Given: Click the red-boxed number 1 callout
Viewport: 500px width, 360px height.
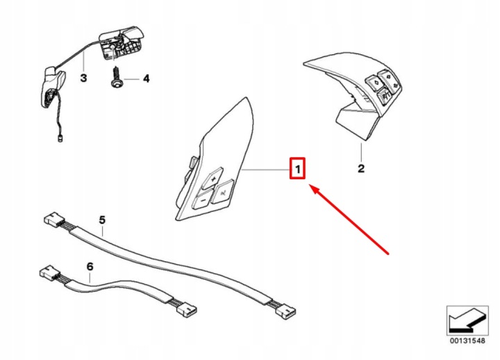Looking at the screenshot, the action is click(x=297, y=168).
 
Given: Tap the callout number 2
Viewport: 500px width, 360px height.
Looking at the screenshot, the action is click(x=361, y=168).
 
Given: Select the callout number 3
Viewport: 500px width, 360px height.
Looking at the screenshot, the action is click(x=83, y=78).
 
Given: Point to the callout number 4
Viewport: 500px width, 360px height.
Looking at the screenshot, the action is click(x=146, y=79).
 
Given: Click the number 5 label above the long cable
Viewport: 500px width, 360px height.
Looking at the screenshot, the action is click(x=102, y=220).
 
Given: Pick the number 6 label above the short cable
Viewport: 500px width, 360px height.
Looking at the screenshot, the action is click(x=90, y=266).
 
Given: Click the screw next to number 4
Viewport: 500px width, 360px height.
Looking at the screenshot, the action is click(x=117, y=77).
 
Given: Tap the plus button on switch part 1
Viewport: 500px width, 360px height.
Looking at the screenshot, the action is click(x=214, y=179).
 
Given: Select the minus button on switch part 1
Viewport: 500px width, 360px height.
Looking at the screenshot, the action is click(x=203, y=199).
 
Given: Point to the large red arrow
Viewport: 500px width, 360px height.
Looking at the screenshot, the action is click(x=349, y=219).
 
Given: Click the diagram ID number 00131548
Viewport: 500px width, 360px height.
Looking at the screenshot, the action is click(x=467, y=341).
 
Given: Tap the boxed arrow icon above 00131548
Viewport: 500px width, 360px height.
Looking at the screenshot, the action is click(x=467, y=320).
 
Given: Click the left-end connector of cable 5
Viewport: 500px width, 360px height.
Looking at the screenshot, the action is click(x=53, y=219).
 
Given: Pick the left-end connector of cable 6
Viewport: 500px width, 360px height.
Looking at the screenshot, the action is click(x=49, y=272).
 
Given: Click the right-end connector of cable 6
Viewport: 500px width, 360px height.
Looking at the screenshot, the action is click(x=187, y=309).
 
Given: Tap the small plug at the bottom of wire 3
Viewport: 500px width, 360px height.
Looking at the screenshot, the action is click(x=60, y=138).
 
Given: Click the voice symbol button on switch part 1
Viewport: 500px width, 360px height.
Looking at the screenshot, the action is click(x=224, y=192).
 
